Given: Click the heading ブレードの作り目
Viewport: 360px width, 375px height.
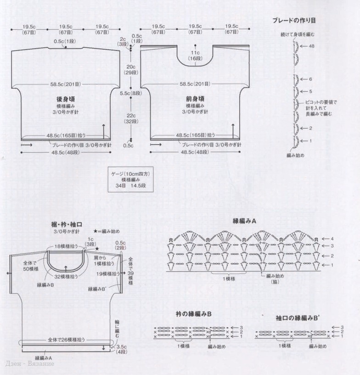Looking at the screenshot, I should click(x=293, y=21).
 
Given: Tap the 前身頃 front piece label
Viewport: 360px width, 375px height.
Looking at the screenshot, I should click(x=195, y=99).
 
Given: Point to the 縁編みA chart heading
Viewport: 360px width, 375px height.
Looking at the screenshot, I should click(x=245, y=221).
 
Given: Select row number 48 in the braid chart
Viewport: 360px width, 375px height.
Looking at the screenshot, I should click(x=312, y=46).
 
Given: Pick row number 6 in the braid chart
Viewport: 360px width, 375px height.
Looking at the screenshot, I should click(x=310, y=79).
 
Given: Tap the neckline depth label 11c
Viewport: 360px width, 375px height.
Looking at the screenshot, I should click(x=195, y=53).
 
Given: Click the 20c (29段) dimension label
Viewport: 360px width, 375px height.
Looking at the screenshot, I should click(x=131, y=70).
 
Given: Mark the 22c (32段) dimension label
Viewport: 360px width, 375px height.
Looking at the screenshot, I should click(x=131, y=118).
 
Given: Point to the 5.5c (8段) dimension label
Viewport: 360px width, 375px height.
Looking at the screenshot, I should click(x=131, y=93).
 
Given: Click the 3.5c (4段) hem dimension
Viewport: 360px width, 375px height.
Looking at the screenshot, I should click(x=121, y=349).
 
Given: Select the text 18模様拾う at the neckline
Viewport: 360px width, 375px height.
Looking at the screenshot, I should click(x=68, y=247).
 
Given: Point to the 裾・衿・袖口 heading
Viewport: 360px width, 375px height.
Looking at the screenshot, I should click(x=67, y=225).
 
